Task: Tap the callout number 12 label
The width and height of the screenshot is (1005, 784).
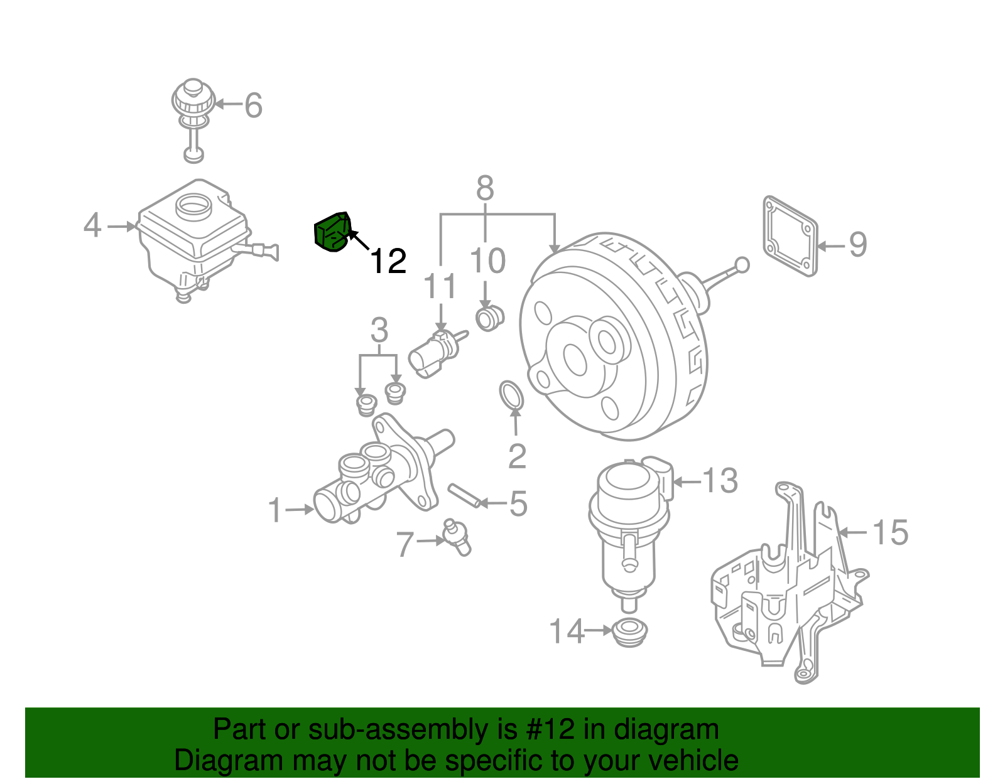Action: (388, 261)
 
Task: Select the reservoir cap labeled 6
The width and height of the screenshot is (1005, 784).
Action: (193, 100)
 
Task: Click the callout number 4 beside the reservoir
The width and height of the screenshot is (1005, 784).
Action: (92, 225)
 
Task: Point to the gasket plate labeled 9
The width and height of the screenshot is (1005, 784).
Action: (790, 236)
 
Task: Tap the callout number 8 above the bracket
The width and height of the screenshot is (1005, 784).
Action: (485, 188)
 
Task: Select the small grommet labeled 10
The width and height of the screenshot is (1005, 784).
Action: (489, 318)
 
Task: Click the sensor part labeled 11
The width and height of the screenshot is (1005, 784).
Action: (433, 353)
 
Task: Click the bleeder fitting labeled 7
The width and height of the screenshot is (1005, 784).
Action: (457, 539)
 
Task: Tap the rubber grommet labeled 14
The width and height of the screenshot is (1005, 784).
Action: (629, 631)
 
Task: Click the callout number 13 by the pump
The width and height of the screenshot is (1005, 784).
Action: (720, 481)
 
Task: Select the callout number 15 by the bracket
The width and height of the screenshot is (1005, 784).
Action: (891, 532)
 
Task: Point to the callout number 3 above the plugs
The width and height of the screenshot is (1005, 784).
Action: (379, 330)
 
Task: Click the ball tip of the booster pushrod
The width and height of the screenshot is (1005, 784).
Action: (742, 265)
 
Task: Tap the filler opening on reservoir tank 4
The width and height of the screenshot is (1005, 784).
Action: (192, 205)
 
